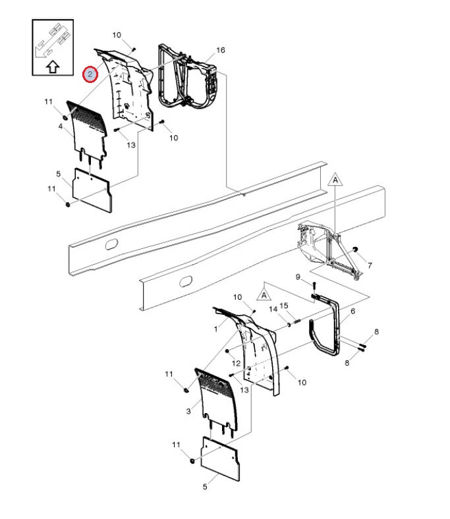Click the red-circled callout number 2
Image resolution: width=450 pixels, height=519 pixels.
coord(90,74)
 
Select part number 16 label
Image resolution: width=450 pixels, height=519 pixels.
coord(221,50)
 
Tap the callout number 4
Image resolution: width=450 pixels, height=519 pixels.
coord(60,126)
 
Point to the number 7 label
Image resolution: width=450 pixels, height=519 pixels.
coord(370,265)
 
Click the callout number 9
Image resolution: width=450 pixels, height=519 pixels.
coord(298,277)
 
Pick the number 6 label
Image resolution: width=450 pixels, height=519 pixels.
coord(352,311)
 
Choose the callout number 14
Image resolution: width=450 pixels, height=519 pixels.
coord(273,309)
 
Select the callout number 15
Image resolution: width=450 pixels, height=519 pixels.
coord(284,306)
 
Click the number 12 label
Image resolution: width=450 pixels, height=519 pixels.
coord(236,363)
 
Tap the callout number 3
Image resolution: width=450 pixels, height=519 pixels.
coord(188,411)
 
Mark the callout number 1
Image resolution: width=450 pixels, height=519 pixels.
coord(216,329)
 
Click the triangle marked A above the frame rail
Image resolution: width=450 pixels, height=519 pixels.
coord(335,179)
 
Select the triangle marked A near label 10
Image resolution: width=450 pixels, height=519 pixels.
coord(264,294)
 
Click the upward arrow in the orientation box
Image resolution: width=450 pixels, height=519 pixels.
coord(53,67)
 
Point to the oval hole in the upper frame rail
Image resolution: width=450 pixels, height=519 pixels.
coord(111,244)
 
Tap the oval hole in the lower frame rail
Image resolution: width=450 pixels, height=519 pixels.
coord(185,281)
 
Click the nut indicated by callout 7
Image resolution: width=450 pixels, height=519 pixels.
coord(355,249)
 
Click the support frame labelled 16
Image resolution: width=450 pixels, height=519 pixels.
coord(188,76)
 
